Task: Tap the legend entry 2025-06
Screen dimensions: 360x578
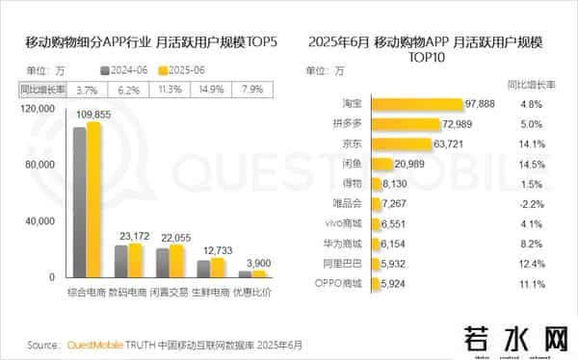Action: coord(184,70)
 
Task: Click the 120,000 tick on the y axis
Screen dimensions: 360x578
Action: coord(38,110)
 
